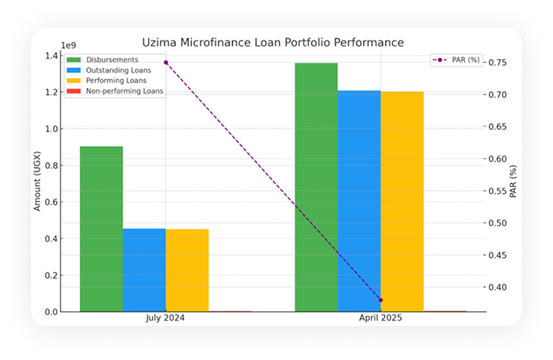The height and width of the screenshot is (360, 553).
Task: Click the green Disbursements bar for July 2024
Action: click(x=101, y=228)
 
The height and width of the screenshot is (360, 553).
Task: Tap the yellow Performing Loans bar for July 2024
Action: click(x=187, y=270)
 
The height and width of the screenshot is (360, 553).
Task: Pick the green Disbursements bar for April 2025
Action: click(x=316, y=187)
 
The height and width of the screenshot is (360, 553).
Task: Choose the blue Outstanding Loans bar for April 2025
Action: click(x=359, y=201)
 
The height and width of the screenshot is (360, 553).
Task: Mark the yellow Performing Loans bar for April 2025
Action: click(x=402, y=201)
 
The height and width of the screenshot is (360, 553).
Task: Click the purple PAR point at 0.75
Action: click(x=166, y=62)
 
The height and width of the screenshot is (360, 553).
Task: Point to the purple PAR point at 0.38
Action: click(x=381, y=300)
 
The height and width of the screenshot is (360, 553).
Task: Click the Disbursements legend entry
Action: click(x=112, y=60)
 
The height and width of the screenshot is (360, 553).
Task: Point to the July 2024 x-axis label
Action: click(x=166, y=318)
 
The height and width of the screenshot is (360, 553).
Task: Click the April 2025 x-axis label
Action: click(x=380, y=318)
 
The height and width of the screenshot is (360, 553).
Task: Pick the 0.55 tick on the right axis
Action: click(x=498, y=191)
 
